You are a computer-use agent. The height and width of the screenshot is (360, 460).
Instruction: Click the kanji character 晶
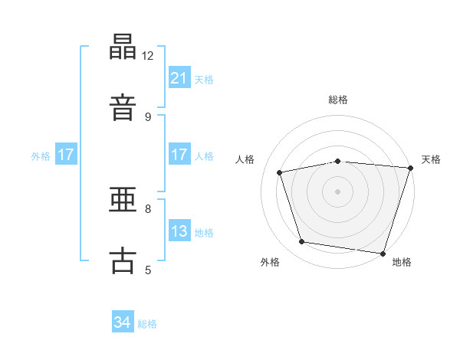coord(123,47)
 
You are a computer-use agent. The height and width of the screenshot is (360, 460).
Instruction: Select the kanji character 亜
coord(123,201)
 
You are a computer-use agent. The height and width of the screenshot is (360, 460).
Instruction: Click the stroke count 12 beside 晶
coord(148,55)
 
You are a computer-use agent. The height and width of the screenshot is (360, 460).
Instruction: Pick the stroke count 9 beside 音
coord(148,116)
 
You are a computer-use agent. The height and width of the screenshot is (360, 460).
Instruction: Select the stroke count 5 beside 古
coord(148,270)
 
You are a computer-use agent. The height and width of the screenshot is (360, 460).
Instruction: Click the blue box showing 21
coord(179,78)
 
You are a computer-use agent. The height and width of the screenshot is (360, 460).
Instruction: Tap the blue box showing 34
coord(122,323)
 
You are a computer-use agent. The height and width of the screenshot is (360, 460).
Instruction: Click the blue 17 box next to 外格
coord(66,155)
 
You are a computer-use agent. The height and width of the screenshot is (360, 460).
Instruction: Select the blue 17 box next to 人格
coord(179,155)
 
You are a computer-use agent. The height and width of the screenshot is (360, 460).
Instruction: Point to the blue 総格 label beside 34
coord(147,324)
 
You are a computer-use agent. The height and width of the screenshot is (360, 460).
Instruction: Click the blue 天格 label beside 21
coord(204,79)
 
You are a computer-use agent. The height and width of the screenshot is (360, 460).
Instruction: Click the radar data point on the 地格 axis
coord(383,253)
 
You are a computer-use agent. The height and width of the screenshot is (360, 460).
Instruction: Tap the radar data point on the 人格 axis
coord(280,172)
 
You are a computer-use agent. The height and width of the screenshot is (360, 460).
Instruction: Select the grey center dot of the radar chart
coord(338,191)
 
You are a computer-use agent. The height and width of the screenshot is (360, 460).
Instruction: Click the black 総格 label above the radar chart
coord(338,100)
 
